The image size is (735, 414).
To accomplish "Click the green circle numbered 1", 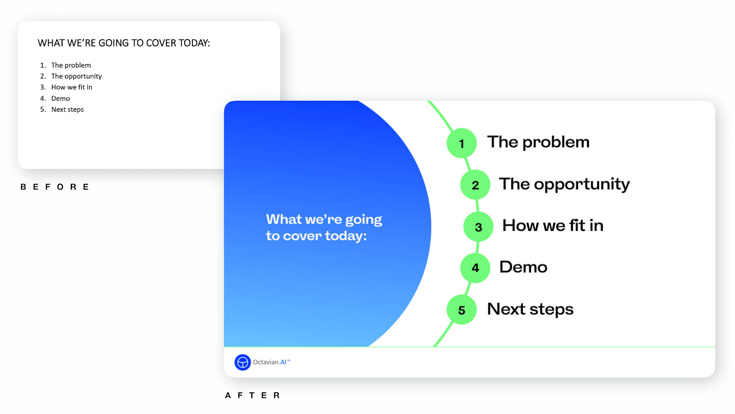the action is point(461,143).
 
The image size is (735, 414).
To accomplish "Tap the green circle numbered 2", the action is point(475,184).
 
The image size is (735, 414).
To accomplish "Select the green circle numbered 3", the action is point(478,226).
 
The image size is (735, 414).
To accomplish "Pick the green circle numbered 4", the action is point(475,268).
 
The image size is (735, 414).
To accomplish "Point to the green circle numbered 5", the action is point(461,310).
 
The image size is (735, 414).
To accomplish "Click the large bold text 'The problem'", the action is point(538,143).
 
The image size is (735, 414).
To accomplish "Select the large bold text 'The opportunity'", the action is point(565,184).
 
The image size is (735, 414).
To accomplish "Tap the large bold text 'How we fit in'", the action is point(553,225).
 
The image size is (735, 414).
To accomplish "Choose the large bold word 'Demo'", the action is point(523,267).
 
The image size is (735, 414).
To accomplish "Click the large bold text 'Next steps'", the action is point(530,309).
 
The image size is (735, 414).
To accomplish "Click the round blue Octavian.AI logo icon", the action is point(243,362).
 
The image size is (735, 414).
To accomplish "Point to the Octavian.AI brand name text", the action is point(271,362).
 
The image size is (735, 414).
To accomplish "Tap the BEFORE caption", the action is point(55,187).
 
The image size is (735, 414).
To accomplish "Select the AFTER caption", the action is point(252,395).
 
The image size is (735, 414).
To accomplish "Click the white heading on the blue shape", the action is point(324,227).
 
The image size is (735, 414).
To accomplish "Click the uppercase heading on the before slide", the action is point(124,43).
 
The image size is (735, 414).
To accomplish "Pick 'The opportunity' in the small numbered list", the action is point(76,76).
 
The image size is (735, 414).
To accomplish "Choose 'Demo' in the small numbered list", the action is point(60,98).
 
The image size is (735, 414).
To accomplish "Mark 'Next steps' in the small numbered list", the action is point(68,109).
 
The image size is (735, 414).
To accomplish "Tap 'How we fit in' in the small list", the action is point(72,87).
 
